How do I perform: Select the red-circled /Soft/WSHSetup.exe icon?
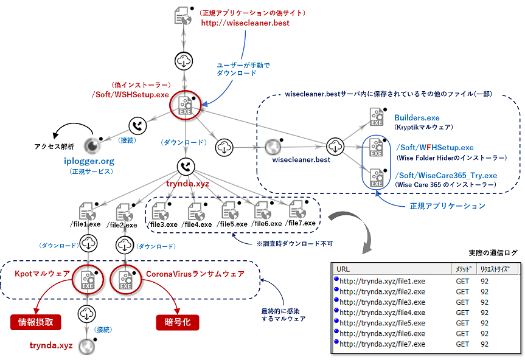click(x=185, y=106)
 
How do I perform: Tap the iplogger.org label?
click(x=89, y=161)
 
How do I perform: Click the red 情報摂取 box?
click(x=36, y=322)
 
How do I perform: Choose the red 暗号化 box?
click(x=178, y=322)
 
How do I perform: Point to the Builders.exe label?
click(x=417, y=117)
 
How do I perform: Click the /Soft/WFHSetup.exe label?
click(x=434, y=148)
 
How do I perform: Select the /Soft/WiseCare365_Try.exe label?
click(x=447, y=176)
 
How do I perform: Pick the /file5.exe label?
click(x=234, y=224)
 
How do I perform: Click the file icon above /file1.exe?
click(x=89, y=210)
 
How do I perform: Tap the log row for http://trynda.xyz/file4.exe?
click(x=382, y=312)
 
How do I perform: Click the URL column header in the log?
click(x=343, y=269)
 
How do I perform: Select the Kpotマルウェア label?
click(x=41, y=274)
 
